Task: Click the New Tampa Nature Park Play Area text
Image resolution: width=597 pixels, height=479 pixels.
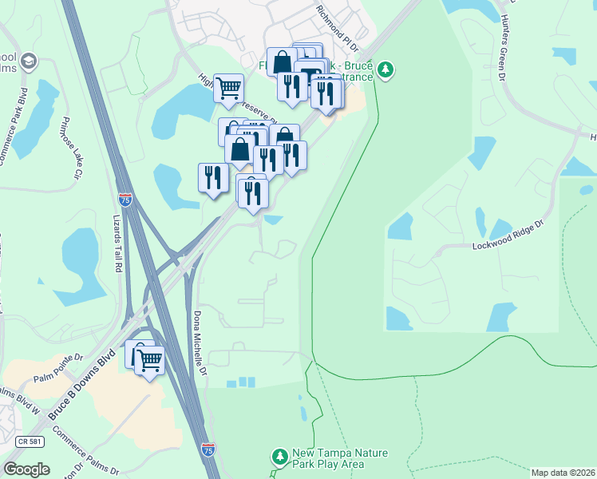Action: (339, 458)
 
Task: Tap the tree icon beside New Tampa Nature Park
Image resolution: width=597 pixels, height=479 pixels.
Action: (279, 457)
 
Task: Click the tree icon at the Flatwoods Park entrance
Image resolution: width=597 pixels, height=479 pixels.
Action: (386, 70)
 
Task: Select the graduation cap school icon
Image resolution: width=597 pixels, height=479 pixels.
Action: (30, 61)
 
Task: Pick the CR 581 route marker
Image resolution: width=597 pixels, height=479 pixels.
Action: (29, 441)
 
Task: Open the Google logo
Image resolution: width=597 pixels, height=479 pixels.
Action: (26, 469)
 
